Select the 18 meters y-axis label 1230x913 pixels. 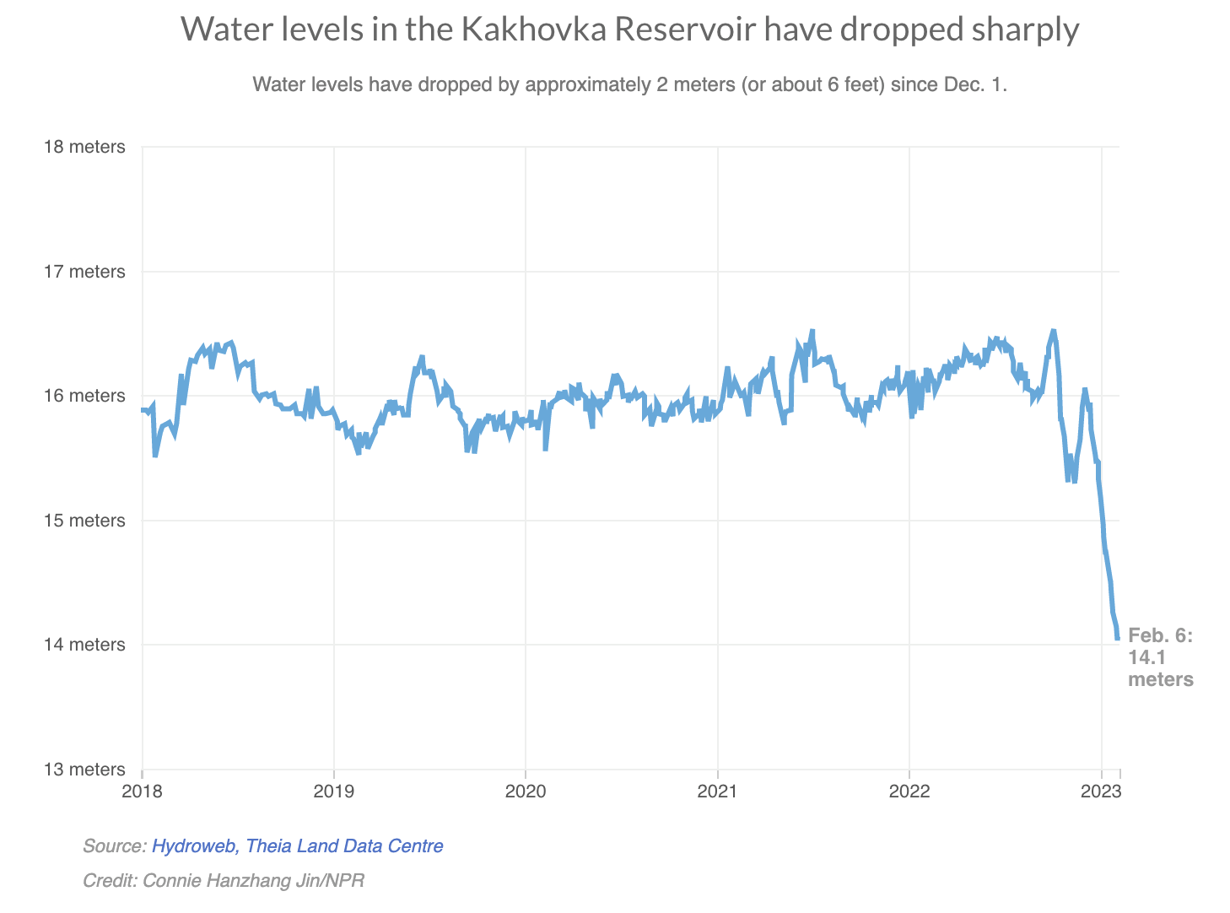click(x=84, y=147)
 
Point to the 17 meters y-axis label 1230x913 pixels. click(x=84, y=272)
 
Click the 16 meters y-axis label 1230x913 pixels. click(x=84, y=396)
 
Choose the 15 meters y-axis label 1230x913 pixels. click(x=84, y=521)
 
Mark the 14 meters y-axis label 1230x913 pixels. click(x=84, y=645)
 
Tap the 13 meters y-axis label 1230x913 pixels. click(x=84, y=770)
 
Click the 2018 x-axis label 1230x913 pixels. click(x=142, y=791)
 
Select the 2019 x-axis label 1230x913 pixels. click(x=333, y=791)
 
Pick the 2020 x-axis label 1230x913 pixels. click(x=526, y=791)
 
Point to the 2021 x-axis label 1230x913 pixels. click(x=717, y=791)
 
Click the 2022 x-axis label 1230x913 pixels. click(x=909, y=791)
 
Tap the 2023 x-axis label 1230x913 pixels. click(x=1101, y=791)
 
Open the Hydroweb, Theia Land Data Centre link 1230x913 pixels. click(x=297, y=845)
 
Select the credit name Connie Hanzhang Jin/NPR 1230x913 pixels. click(x=253, y=880)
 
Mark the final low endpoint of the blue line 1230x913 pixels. click(x=1117, y=639)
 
